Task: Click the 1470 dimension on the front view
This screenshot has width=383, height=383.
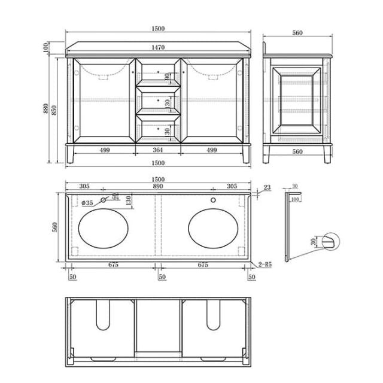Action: (x=158, y=47)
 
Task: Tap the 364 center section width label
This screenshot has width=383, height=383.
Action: (x=158, y=150)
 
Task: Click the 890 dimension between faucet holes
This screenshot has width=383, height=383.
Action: (x=158, y=187)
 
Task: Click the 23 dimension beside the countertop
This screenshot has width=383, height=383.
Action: (x=266, y=187)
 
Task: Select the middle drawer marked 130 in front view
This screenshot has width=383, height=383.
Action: (x=158, y=101)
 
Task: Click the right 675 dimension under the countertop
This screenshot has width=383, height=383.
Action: (x=203, y=264)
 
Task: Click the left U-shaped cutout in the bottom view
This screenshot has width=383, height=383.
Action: (x=105, y=315)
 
